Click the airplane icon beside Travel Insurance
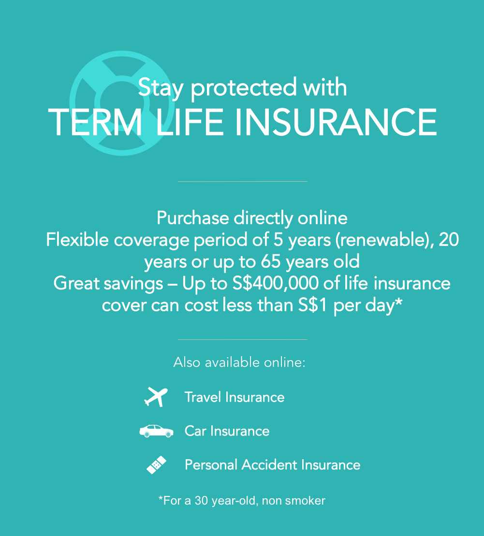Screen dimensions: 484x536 tap(156, 397)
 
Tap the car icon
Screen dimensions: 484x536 tap(156, 431)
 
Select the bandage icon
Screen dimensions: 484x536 tap(156, 465)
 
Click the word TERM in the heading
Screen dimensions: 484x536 tap(95, 122)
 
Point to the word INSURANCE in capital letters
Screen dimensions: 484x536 tap(336, 122)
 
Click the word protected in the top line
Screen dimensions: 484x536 tap(244, 87)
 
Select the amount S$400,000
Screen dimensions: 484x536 tap(276, 283)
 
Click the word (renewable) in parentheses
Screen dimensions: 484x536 tap(384, 240)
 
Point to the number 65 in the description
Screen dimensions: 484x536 tap(271, 262)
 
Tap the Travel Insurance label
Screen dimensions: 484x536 tap(235, 397)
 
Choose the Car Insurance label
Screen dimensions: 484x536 tap(227, 431)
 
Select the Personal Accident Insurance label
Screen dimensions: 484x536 tap(273, 465)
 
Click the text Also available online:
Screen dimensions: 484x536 tap(239, 362)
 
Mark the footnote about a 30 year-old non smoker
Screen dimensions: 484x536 tap(242, 501)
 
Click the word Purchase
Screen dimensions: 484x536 tap(192, 218)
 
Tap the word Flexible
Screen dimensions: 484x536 tap(77, 240)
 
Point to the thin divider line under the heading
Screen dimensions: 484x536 tap(243, 182)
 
